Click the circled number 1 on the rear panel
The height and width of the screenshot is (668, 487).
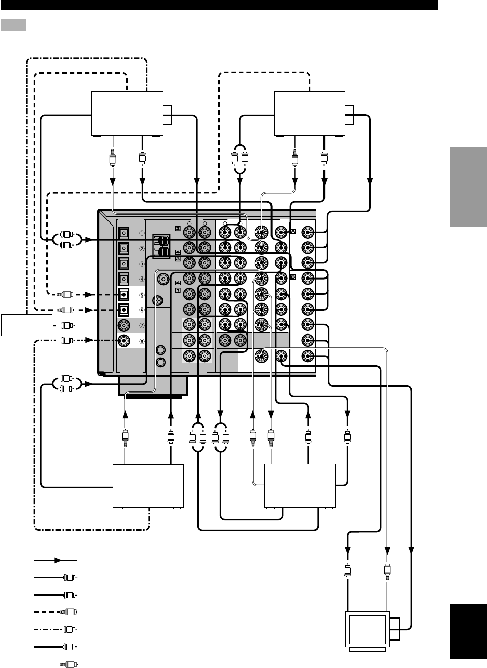(142, 233)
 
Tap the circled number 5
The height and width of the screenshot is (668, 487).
(142, 295)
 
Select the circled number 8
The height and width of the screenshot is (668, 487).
(142, 341)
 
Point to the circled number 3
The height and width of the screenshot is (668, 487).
(142, 264)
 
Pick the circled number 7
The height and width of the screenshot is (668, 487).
(142, 325)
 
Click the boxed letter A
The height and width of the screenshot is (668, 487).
(293, 232)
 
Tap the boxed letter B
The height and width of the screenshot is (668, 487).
(293, 277)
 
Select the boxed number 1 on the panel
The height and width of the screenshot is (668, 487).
(178, 290)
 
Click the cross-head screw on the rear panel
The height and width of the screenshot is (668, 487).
(159, 300)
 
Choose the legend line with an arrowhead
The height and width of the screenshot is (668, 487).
(56, 560)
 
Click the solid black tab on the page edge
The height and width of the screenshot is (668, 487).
(467, 632)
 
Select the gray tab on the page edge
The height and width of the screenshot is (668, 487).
(467, 186)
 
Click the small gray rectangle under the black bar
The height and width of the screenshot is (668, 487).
(13, 25)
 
